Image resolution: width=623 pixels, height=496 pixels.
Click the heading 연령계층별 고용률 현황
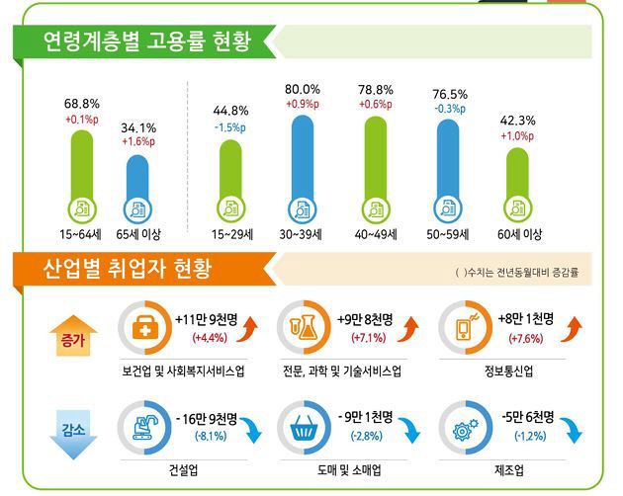[x=146, y=42]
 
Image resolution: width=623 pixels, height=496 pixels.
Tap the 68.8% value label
[x=82, y=104]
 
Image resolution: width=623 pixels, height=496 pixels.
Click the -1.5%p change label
[x=229, y=127]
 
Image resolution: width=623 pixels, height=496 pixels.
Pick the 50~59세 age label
[x=448, y=234]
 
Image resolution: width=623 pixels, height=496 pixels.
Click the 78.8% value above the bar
[x=375, y=90]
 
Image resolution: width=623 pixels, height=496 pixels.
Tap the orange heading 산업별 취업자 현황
[x=127, y=270]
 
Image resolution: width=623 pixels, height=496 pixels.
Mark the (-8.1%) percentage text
[x=203, y=436]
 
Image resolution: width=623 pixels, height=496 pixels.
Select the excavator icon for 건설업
[x=141, y=428]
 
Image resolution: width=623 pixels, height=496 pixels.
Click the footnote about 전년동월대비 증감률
[x=515, y=272]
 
